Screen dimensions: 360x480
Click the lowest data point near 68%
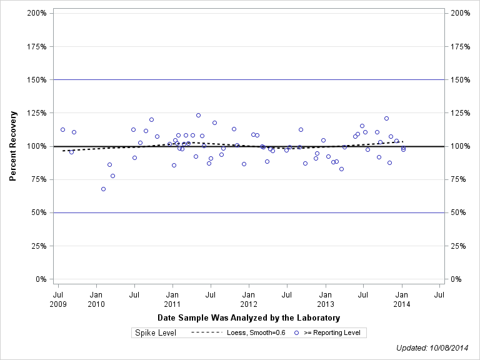(103, 189)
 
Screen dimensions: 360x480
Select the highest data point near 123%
(198, 116)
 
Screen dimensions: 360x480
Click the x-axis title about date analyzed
(249, 318)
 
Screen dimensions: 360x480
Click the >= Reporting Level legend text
(332, 333)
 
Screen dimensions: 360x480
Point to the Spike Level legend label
(156, 333)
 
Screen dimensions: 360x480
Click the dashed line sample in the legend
(206, 333)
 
